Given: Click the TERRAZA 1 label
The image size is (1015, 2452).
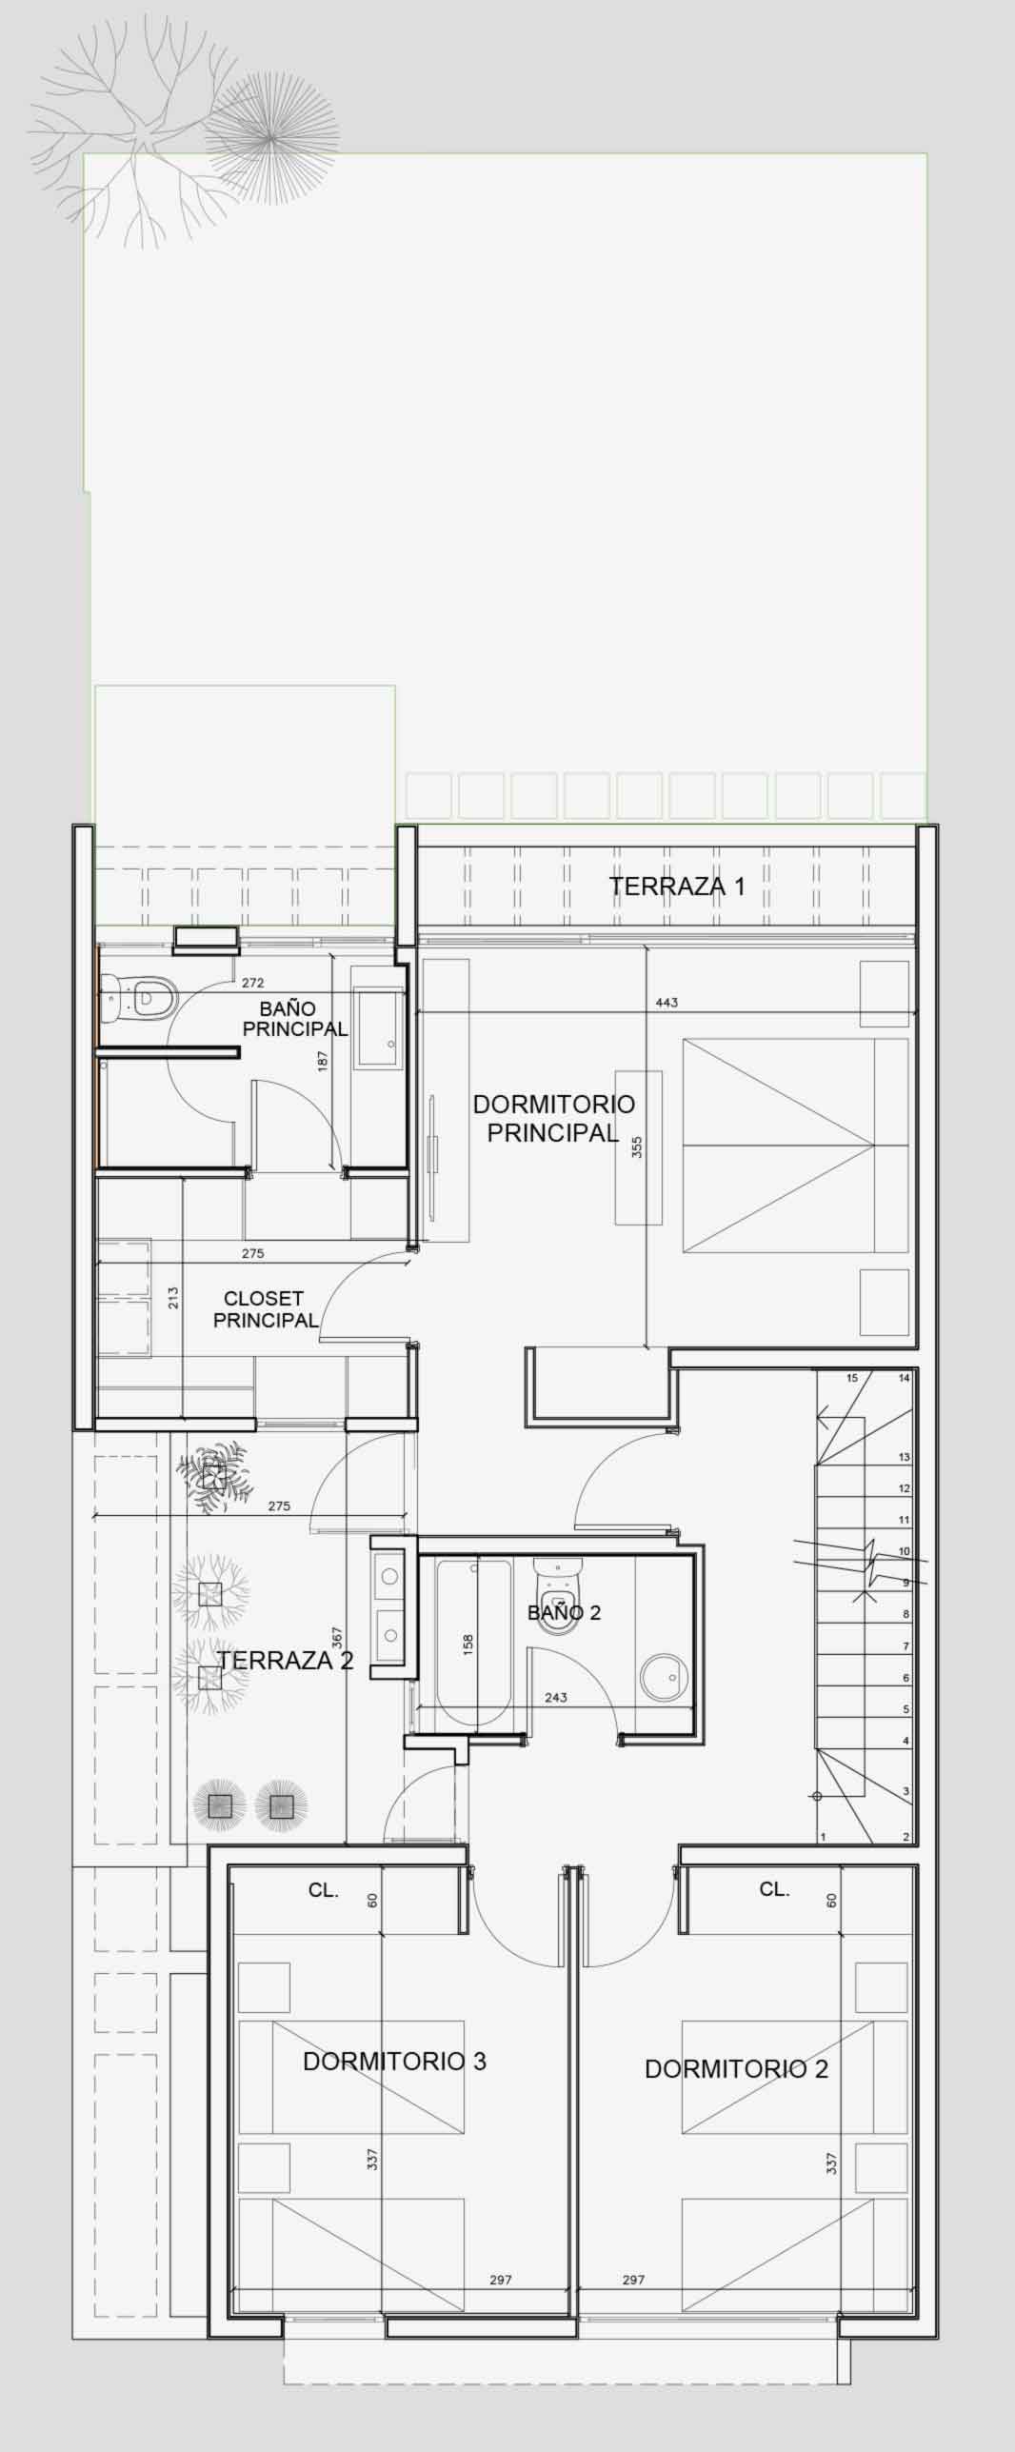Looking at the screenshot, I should tap(677, 887).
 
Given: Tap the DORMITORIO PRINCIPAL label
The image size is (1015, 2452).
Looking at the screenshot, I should tap(553, 1118).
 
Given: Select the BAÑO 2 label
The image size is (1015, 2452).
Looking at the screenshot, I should tap(564, 1612).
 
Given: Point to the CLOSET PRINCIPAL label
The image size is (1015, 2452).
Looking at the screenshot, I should tap(265, 1309).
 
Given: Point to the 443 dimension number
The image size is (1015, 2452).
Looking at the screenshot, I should tap(667, 1003).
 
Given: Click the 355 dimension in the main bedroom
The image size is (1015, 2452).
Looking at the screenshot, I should tap(637, 1147).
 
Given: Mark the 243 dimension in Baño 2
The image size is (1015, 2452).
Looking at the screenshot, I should tap(556, 1697).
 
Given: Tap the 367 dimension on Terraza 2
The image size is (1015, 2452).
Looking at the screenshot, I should tap(336, 1637).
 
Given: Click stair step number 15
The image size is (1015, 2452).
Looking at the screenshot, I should tap(852, 1378).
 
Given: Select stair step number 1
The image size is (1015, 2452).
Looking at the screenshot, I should tap(823, 1837).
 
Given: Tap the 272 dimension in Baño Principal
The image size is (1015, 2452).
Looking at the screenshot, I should tap(252, 983).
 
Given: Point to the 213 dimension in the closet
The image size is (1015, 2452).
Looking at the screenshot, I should tap(173, 1298).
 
